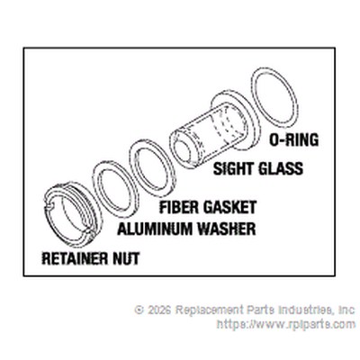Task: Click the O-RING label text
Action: [x=293, y=139]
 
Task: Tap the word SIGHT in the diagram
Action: [x=233, y=168]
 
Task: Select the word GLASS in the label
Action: [x=281, y=168]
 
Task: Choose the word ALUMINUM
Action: [x=155, y=229]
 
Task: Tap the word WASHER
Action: [x=227, y=229]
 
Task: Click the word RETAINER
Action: [x=75, y=258]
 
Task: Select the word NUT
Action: [x=126, y=258]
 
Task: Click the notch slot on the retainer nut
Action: [x=48, y=205]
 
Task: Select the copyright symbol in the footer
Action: [x=139, y=310]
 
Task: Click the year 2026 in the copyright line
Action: [x=159, y=310]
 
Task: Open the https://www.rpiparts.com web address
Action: [x=286, y=324]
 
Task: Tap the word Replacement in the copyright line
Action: [x=210, y=310]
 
